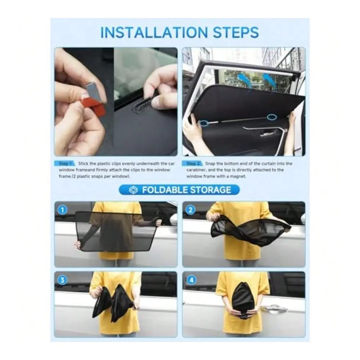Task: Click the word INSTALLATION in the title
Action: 154,32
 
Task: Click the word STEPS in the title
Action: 236,32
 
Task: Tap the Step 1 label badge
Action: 64,163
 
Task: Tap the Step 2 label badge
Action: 192,163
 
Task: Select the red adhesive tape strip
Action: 94,106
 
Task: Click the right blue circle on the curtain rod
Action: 272,117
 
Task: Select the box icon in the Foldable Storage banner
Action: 133,190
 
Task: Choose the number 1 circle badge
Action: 62,210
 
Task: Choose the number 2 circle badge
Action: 190,210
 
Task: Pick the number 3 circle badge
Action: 62,280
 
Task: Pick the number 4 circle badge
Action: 192,280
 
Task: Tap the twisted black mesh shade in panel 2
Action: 251,230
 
